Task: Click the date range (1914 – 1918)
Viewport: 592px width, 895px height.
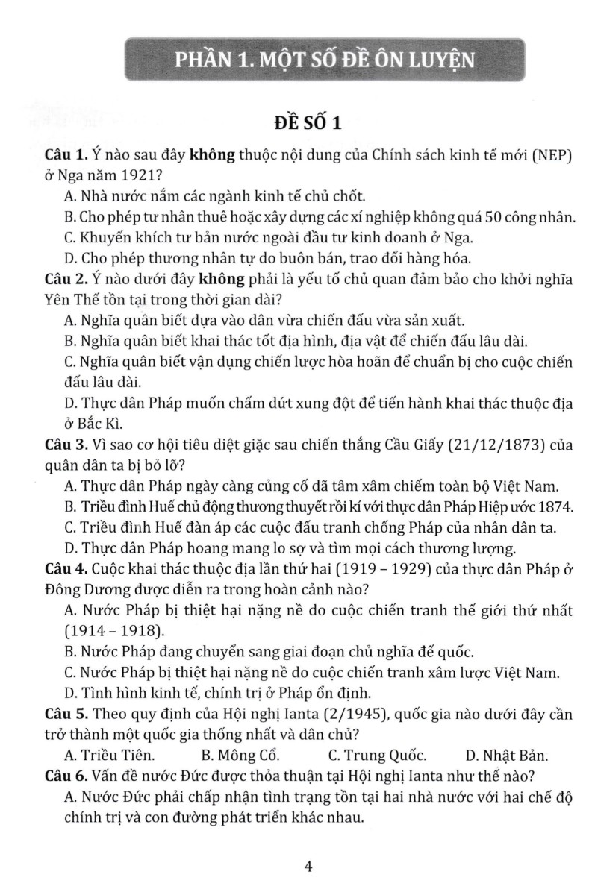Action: click(x=114, y=630)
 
